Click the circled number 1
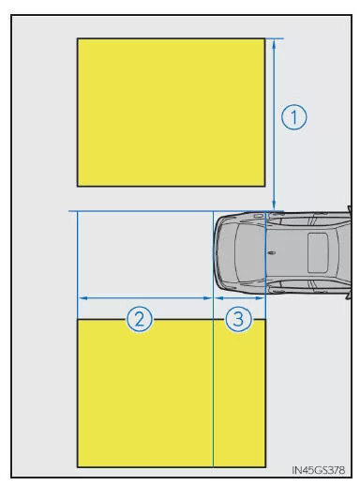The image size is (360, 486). [293, 117]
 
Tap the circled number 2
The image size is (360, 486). [140, 319]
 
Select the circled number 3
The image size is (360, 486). [238, 319]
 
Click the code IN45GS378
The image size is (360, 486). [318, 470]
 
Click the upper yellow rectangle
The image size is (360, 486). [172, 113]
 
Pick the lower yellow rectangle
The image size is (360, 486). [172, 393]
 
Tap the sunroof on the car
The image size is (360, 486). [318, 252]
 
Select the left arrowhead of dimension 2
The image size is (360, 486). [82, 298]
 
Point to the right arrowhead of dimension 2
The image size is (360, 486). [207, 298]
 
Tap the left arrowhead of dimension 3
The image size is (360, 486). [218, 298]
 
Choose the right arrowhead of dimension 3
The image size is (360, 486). [260, 298]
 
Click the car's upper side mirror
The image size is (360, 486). [349, 209]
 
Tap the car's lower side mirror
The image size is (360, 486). [349, 296]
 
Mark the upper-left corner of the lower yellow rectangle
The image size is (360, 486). [77, 319]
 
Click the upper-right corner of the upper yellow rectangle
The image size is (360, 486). [265, 38]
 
